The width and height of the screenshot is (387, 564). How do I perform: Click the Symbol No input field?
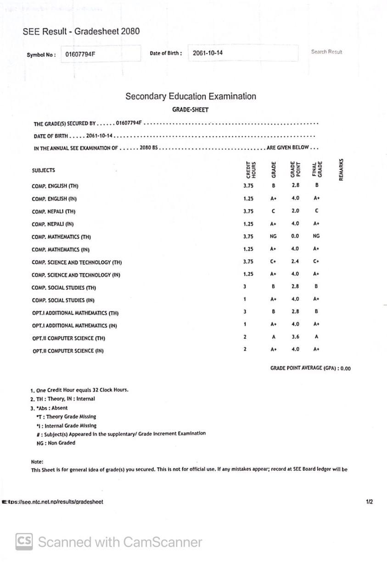(x=101, y=54)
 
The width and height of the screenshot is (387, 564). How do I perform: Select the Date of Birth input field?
(x=243, y=53)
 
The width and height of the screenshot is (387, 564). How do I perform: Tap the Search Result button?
(x=326, y=52)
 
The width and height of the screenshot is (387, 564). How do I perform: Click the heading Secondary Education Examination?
(x=191, y=96)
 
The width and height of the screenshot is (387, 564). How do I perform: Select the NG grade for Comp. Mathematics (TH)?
(x=273, y=236)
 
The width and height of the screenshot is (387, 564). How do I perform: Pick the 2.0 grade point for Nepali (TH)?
(x=295, y=211)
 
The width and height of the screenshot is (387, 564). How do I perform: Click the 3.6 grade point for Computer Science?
(x=295, y=337)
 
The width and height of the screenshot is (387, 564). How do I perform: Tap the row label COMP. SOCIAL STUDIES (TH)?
(x=64, y=288)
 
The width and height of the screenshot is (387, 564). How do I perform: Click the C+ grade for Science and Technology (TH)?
(x=273, y=261)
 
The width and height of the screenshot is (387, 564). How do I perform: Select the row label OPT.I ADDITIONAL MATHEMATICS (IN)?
(x=74, y=326)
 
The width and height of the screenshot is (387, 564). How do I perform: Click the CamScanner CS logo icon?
(x=24, y=542)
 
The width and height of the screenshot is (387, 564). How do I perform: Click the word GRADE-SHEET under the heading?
(x=190, y=110)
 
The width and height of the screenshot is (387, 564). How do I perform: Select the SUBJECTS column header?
(x=44, y=171)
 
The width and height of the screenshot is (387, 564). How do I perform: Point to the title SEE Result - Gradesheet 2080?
(x=81, y=32)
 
